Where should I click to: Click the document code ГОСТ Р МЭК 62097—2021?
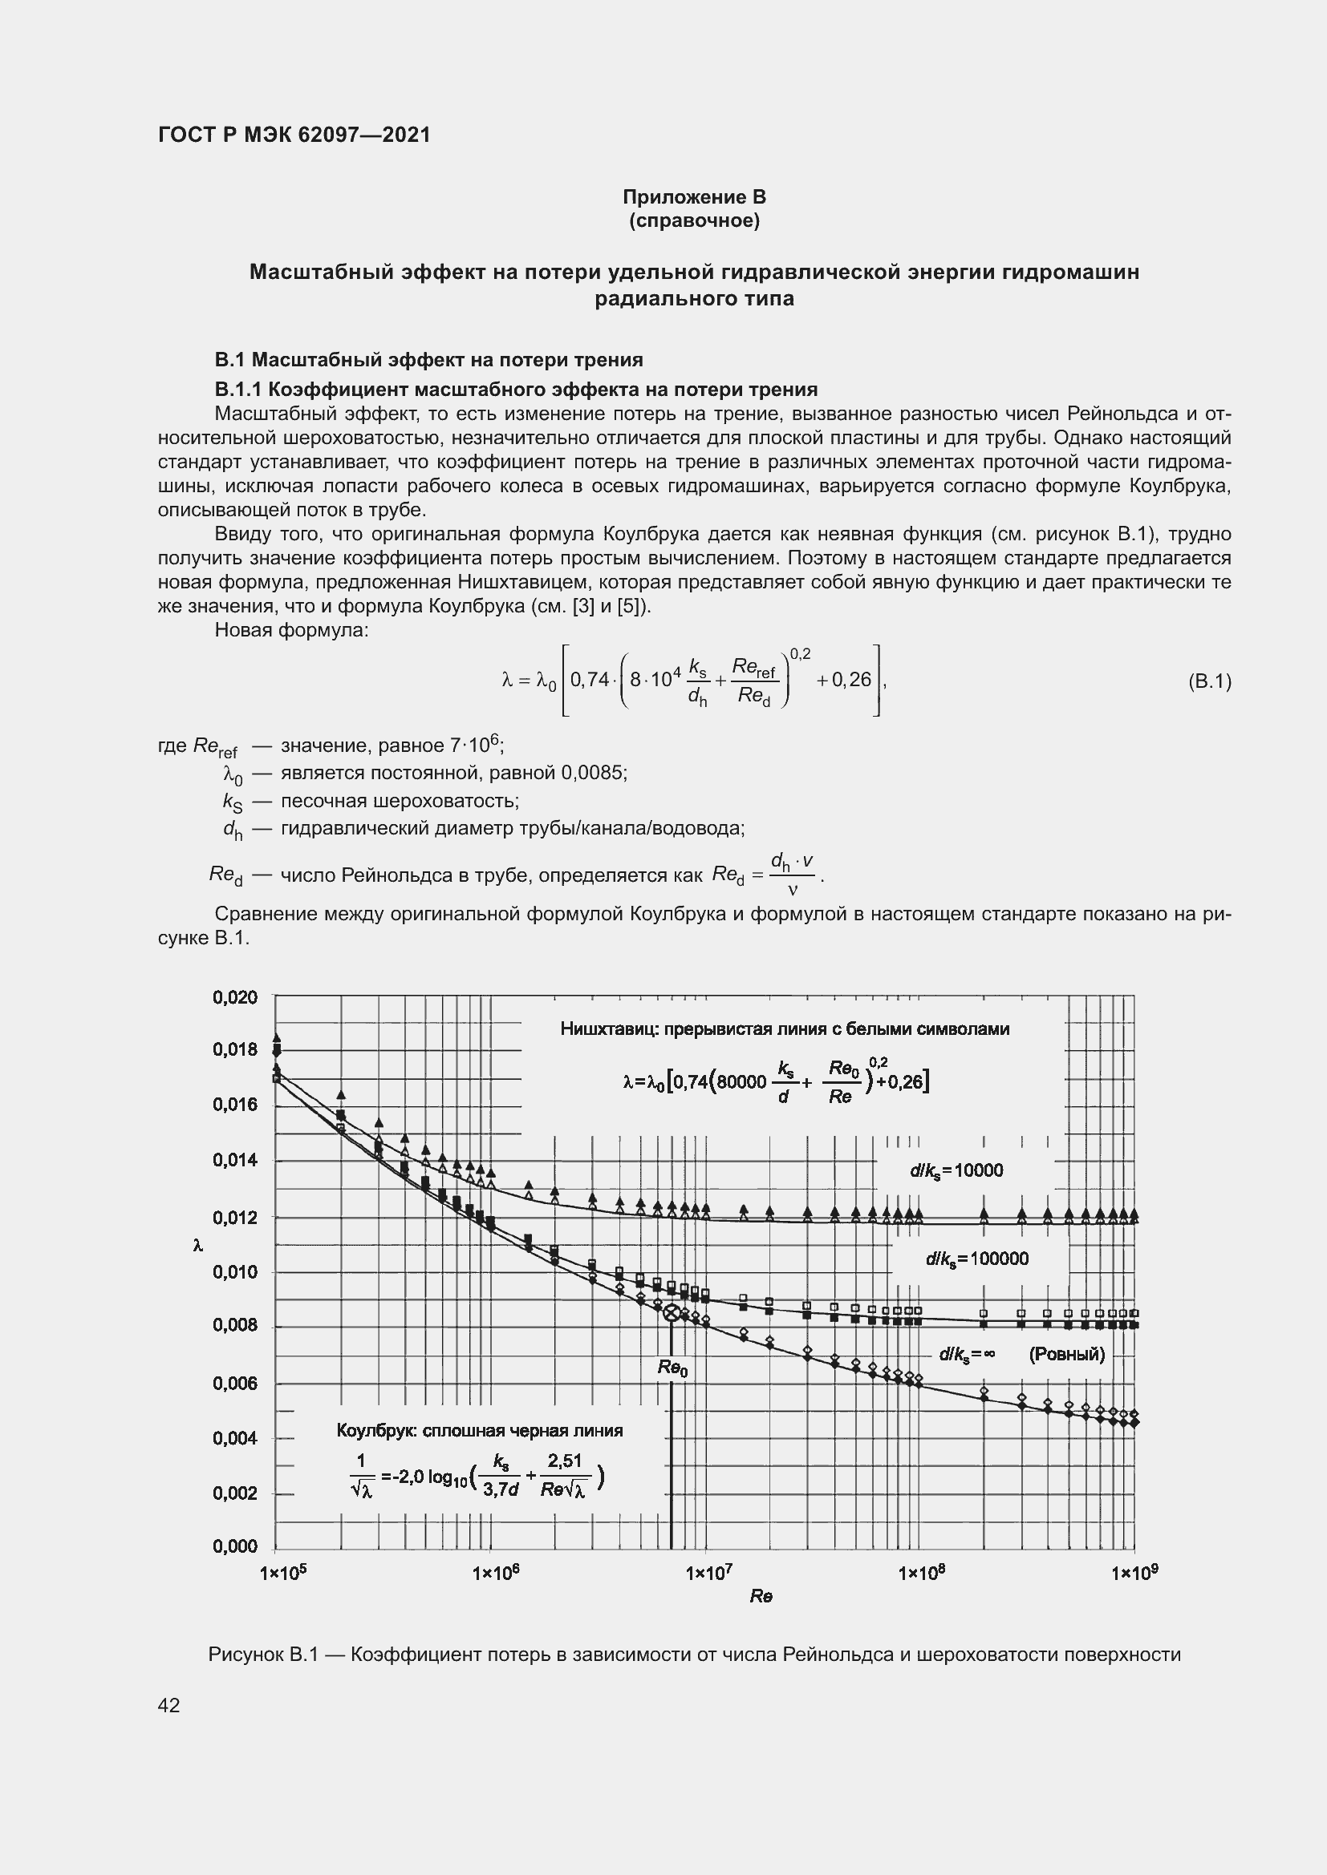294,135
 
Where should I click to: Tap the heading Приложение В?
694,197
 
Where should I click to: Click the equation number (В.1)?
1209,681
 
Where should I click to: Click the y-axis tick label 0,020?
234,997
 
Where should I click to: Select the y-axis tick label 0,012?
234,1218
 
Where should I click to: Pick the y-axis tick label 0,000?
234,1546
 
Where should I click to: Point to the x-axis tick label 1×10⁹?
1135,1572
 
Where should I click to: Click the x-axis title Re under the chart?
761,1597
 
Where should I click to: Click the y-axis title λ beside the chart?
197,1246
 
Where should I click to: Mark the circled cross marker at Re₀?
672,1313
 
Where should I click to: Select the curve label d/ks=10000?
956,1171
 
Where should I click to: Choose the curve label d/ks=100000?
976,1259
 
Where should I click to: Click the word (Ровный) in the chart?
1066,1356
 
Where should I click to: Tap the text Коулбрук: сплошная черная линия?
480,1431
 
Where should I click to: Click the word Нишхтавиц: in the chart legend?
609,1029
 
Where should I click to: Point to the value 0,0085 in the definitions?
592,773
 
